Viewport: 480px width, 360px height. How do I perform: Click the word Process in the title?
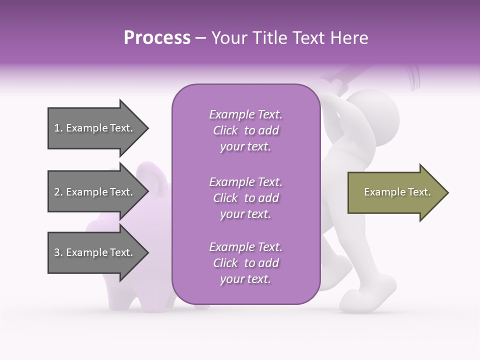pos(157,38)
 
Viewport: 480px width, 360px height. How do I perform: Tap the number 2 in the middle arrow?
pos(57,192)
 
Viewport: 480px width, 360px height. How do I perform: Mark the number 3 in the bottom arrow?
pos(57,252)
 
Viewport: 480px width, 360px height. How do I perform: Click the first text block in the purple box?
pos(245,130)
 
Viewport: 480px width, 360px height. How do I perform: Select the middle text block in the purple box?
pos(245,197)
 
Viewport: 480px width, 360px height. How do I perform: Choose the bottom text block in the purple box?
pos(245,263)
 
